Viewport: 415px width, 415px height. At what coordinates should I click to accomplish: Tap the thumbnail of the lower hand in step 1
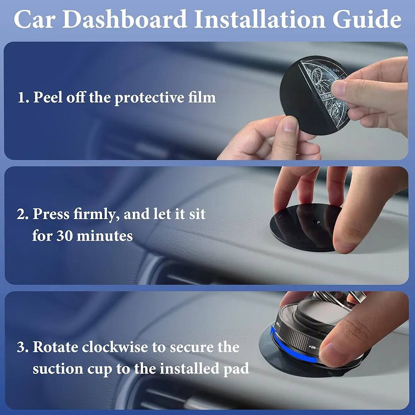coord(291,124)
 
